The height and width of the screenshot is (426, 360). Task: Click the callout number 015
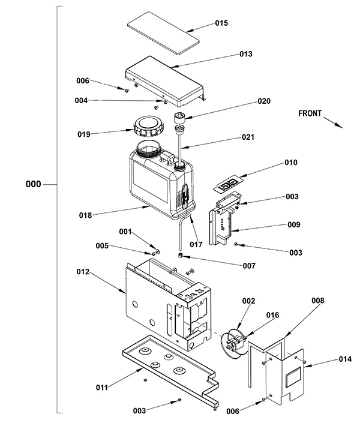point(221,23)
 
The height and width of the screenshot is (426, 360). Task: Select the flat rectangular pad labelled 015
point(163,33)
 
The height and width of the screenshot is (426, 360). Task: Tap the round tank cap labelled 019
point(147,127)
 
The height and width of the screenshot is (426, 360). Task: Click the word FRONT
point(310,113)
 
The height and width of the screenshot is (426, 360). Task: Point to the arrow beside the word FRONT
point(333,122)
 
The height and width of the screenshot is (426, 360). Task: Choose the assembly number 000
point(33,184)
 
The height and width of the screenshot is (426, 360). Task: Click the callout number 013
point(246,54)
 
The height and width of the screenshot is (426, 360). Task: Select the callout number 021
point(248,137)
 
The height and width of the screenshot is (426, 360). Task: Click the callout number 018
point(85,215)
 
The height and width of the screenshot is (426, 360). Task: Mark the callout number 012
point(83,272)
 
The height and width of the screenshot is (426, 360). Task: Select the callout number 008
point(318,301)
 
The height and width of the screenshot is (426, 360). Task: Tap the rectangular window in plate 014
point(294,377)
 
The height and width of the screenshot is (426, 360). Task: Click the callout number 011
point(102,388)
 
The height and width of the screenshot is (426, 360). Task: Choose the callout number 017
point(196,245)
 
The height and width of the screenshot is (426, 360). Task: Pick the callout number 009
point(294,224)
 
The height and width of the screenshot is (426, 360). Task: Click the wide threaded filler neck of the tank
point(148,149)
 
